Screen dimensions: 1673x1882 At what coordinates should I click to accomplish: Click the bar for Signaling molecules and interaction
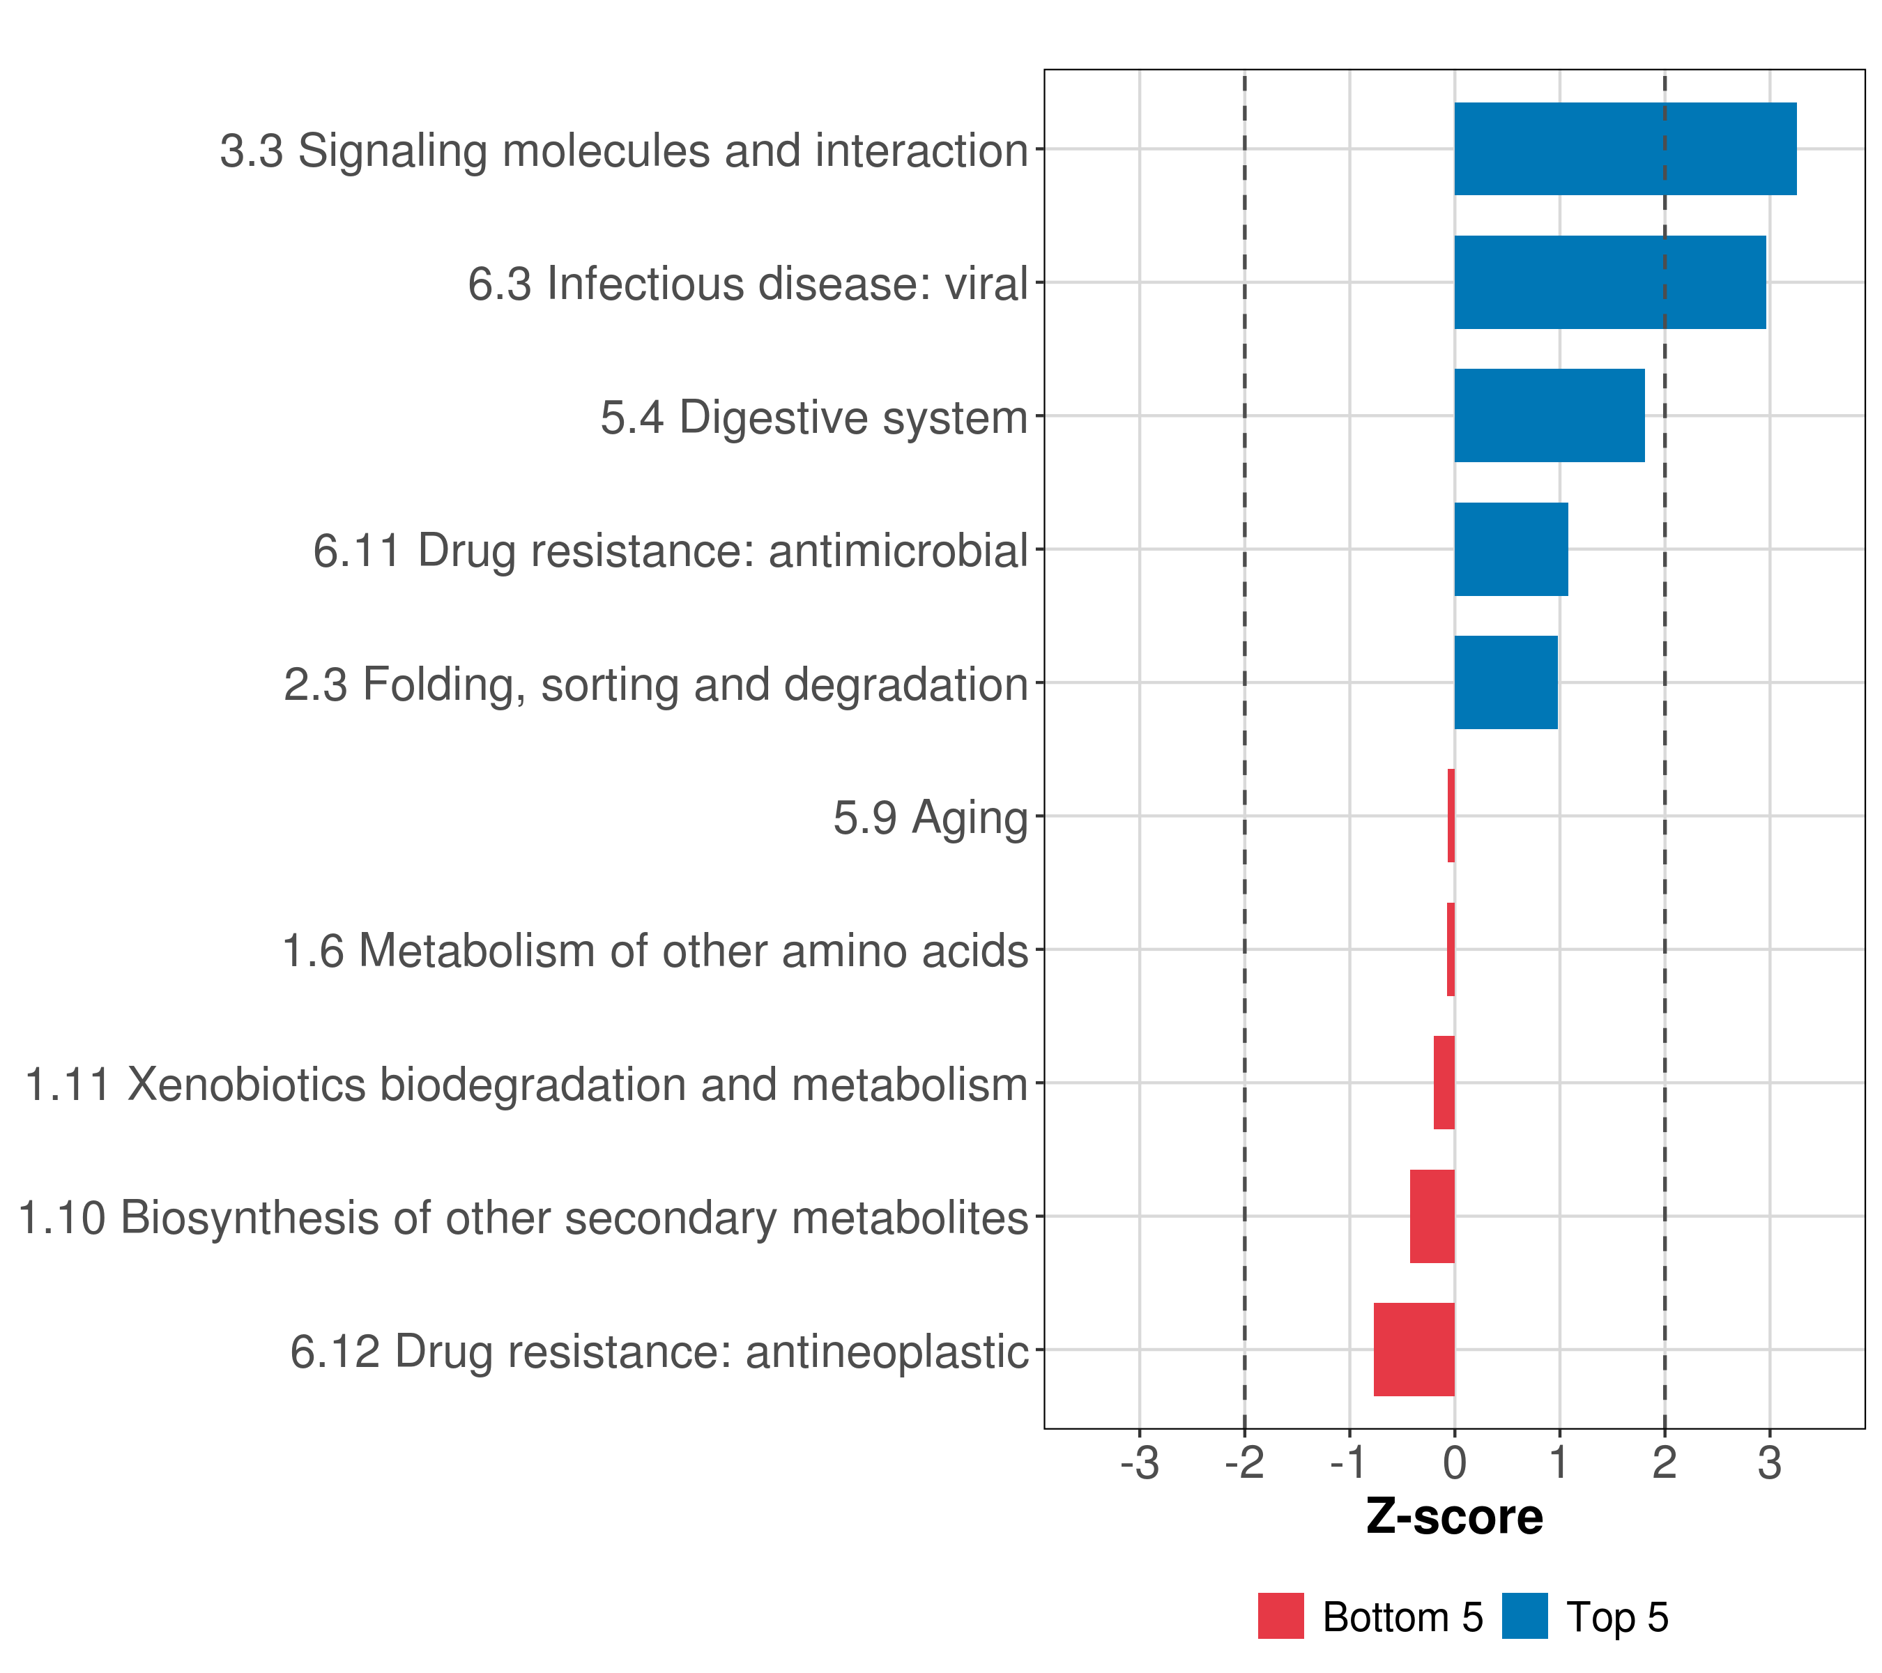[x=1624, y=148]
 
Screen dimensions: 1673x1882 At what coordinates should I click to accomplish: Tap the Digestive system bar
[x=1549, y=415]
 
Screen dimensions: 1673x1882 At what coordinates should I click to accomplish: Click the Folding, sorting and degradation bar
[x=1506, y=682]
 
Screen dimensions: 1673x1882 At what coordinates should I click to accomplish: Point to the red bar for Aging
[x=1451, y=816]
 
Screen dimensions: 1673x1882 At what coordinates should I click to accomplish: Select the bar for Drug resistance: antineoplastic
[x=1414, y=1349]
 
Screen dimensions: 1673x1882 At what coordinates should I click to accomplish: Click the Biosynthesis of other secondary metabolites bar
[x=1432, y=1216]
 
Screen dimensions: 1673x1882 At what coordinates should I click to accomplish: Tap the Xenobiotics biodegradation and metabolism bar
[x=1444, y=1082]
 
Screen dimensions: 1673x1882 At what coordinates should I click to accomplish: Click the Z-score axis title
[x=1454, y=1516]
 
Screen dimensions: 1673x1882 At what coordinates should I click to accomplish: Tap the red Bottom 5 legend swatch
[x=1280, y=1616]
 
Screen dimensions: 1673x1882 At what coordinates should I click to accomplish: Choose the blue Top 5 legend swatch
[x=1524, y=1616]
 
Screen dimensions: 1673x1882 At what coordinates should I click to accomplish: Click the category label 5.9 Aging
[x=930, y=818]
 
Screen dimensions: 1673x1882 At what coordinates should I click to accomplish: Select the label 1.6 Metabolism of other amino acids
[x=655, y=951]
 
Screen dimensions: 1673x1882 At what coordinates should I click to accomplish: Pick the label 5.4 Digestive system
[x=814, y=417]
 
